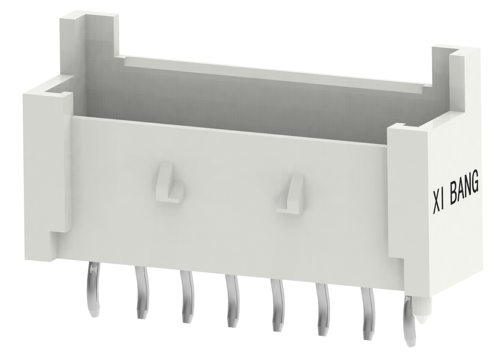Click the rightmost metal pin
tap(410, 317)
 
